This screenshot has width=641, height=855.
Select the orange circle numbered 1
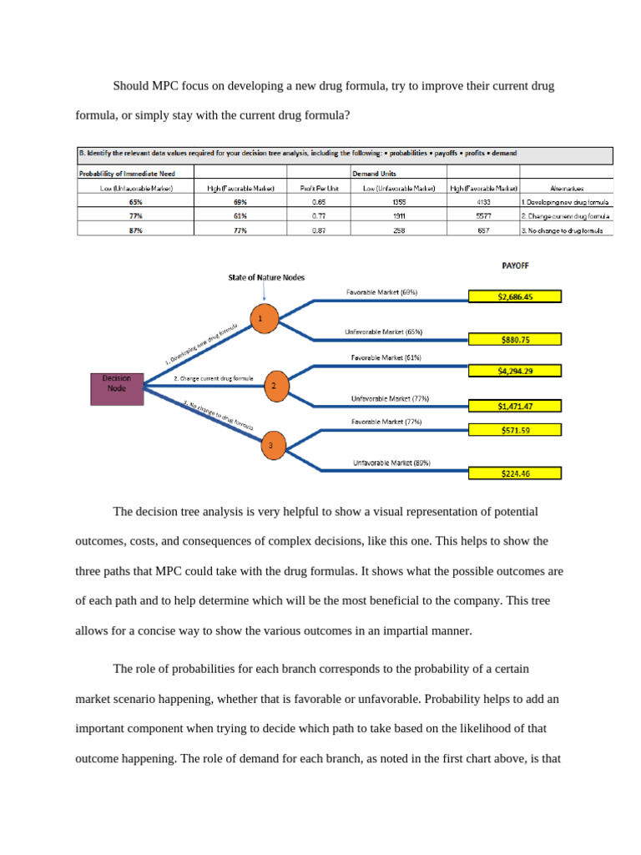tap(261, 319)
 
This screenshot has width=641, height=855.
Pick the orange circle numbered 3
tap(270, 446)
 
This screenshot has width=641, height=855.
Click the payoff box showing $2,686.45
tap(515, 296)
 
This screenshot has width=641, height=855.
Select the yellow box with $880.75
tap(515, 340)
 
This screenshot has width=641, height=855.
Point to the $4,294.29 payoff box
tap(515, 371)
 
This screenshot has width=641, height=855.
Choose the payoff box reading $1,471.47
tap(515, 406)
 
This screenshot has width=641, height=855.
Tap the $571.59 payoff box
tap(515, 430)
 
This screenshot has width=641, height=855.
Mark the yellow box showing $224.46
tap(515, 473)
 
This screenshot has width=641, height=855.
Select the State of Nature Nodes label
tap(266, 276)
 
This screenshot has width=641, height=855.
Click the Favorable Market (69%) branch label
tap(381, 292)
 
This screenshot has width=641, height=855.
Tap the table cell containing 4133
tap(484, 202)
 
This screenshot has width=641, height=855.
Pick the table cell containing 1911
tap(400, 215)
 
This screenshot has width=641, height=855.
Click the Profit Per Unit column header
tap(320, 188)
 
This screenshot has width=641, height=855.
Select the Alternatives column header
tap(568, 188)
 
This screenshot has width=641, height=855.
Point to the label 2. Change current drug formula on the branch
tap(213, 378)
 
